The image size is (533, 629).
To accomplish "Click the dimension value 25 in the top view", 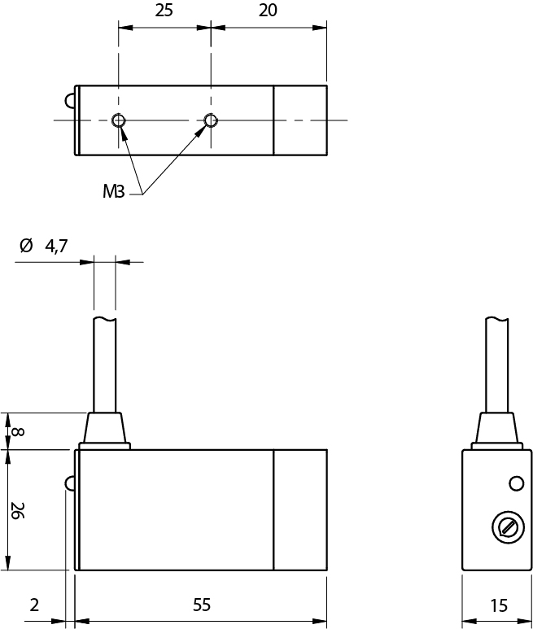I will (164, 11).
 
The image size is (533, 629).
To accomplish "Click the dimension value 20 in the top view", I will (268, 11).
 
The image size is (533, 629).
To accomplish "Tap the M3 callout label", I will (113, 192).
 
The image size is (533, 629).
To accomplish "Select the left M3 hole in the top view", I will (119, 120).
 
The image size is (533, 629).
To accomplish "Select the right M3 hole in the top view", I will (211, 120).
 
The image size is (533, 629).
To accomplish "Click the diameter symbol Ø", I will (25, 246).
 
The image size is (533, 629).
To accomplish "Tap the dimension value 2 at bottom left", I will (33, 605).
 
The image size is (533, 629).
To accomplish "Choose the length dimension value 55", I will (201, 605).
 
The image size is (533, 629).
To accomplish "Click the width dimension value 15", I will (500, 605).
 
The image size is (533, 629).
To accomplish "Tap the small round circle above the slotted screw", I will (515, 484).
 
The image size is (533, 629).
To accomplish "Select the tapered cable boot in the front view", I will (104, 428).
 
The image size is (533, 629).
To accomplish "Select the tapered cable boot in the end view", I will (496, 428).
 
